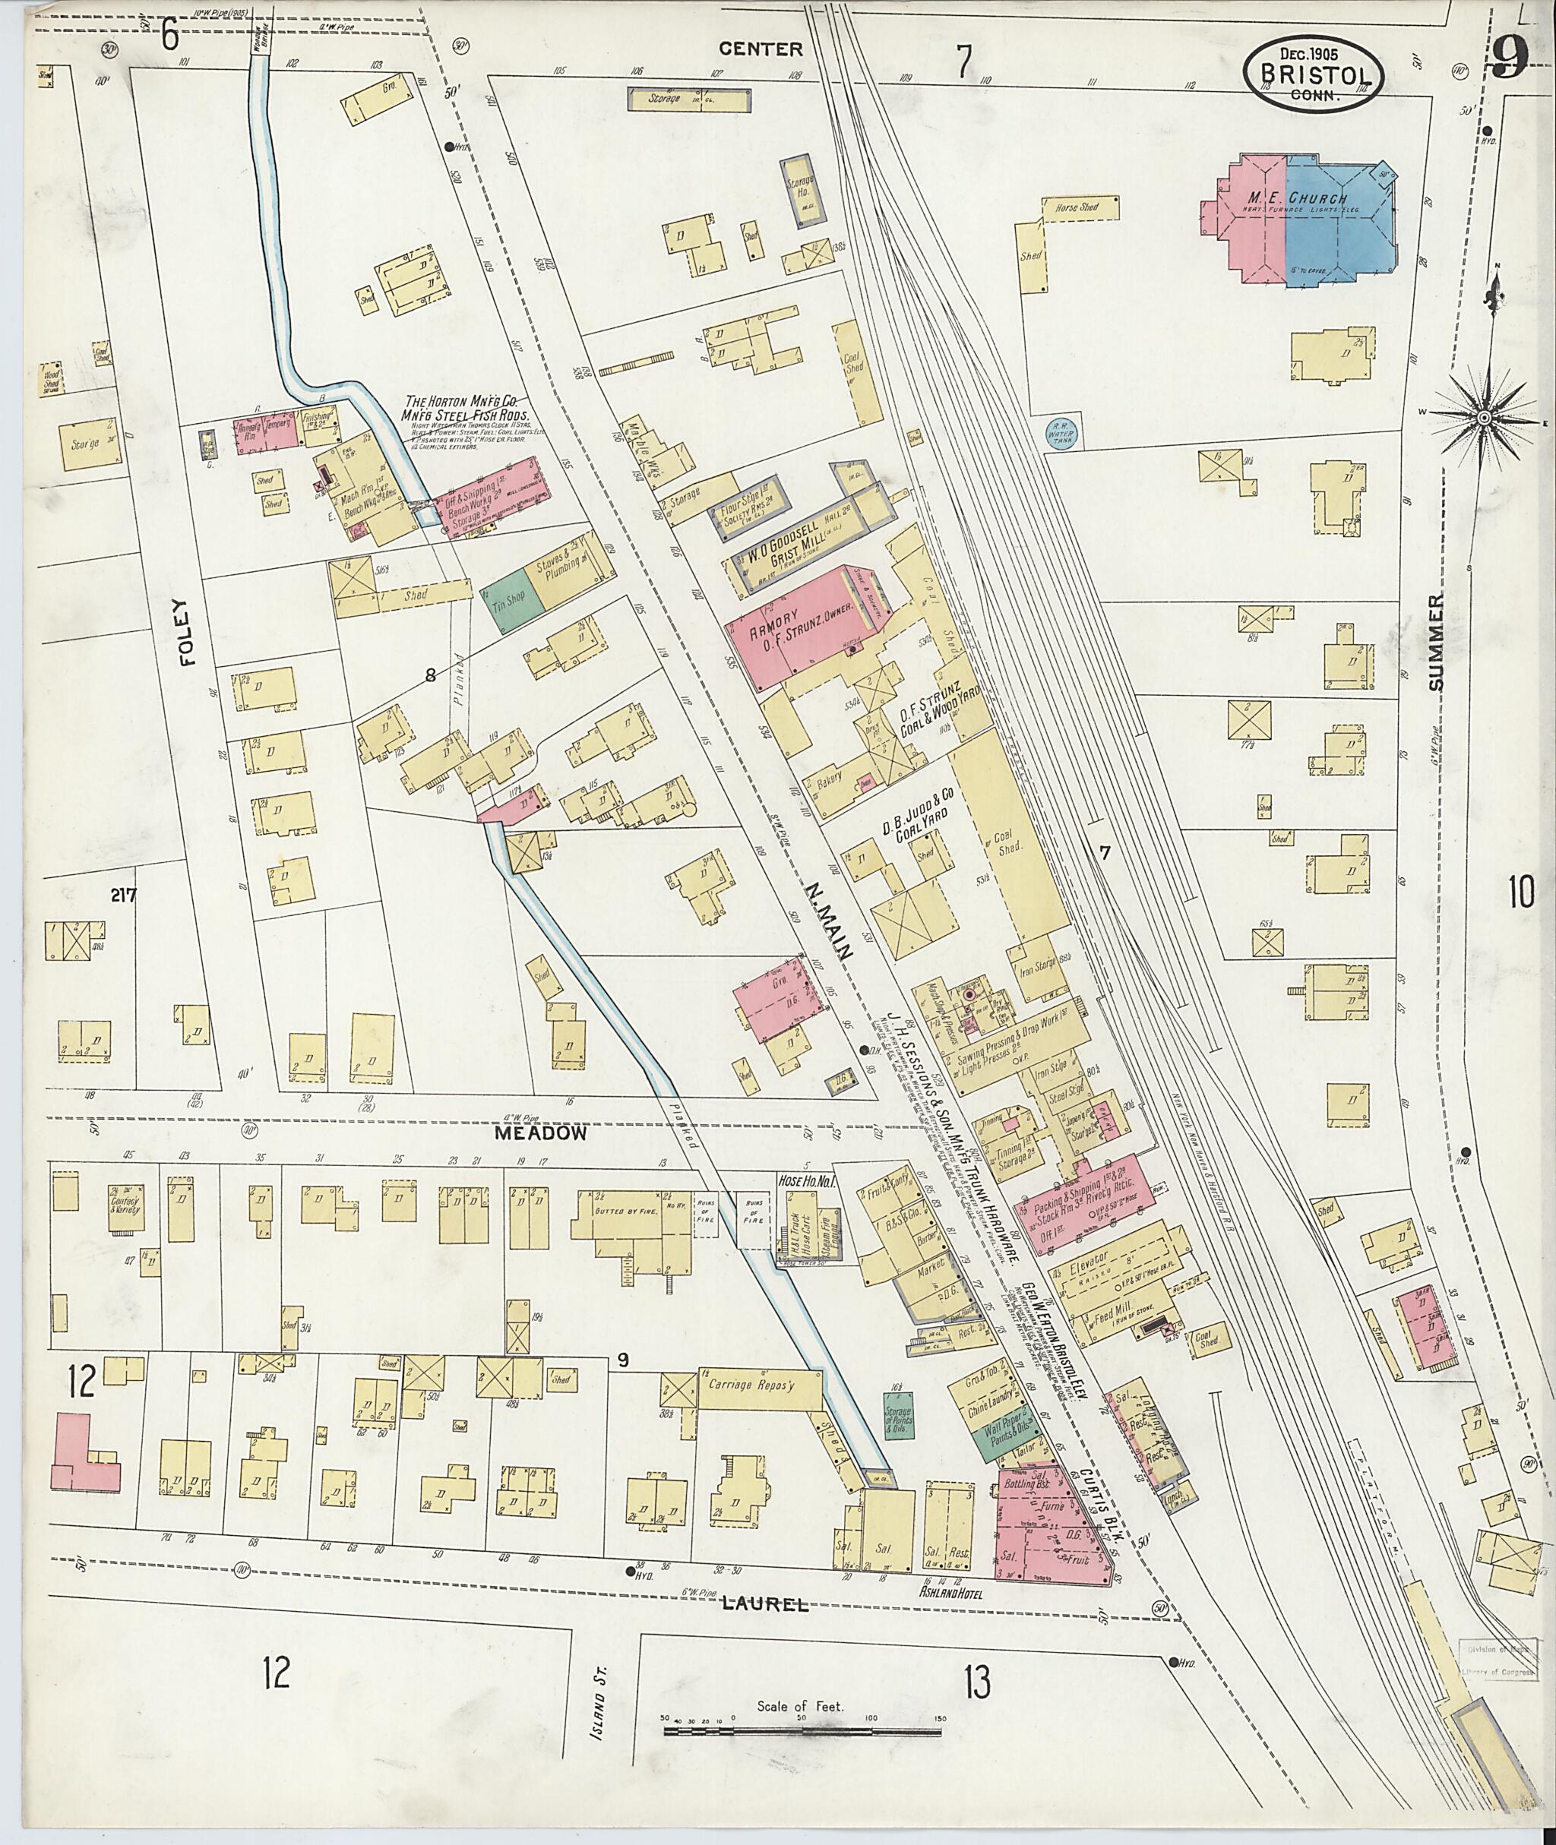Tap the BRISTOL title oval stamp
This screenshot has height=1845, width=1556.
coord(1314,77)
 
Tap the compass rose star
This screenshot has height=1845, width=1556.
coord(1485,417)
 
